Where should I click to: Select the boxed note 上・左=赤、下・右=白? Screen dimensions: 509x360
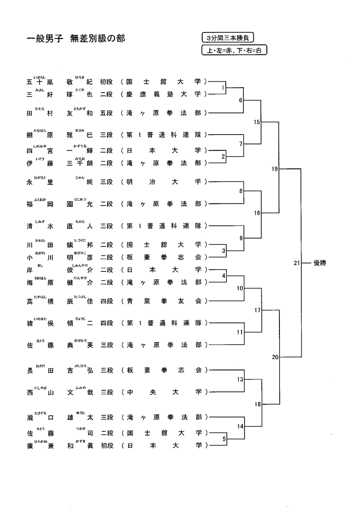(234, 50)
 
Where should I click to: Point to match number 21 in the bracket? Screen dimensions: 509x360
(296, 263)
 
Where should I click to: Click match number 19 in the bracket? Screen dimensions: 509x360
(275, 169)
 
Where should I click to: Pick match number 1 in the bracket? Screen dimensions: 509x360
(223, 88)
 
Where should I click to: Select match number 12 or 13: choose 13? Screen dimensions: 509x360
(240, 379)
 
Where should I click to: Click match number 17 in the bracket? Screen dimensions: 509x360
(257, 310)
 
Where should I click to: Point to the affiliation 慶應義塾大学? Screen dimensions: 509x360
(164, 95)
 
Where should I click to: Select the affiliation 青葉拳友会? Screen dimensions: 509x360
(164, 301)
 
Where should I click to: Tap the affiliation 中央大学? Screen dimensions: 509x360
(164, 392)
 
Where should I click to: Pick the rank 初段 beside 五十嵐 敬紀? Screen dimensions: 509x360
(106, 82)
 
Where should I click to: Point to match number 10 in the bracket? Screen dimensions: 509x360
(240, 288)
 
